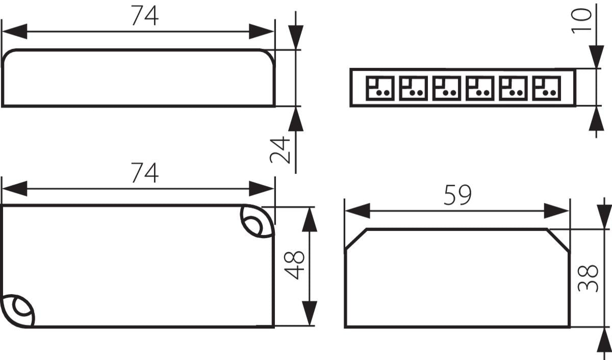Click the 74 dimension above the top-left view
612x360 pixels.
pyautogui.click(x=145, y=16)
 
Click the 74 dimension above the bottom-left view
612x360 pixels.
pyautogui.click(x=145, y=173)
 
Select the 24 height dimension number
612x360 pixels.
pyautogui.click(x=280, y=150)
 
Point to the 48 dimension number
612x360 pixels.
pyautogui.click(x=295, y=265)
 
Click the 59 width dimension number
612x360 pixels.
pyautogui.click(x=457, y=195)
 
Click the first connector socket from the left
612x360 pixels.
pyautogui.click(x=380, y=88)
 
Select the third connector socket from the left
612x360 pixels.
pyautogui.click(x=447, y=88)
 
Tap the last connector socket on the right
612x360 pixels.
pyautogui.click(x=546, y=88)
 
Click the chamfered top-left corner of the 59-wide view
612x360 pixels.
pyautogui.click(x=356, y=240)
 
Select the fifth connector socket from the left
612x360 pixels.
pyautogui.click(x=513, y=88)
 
